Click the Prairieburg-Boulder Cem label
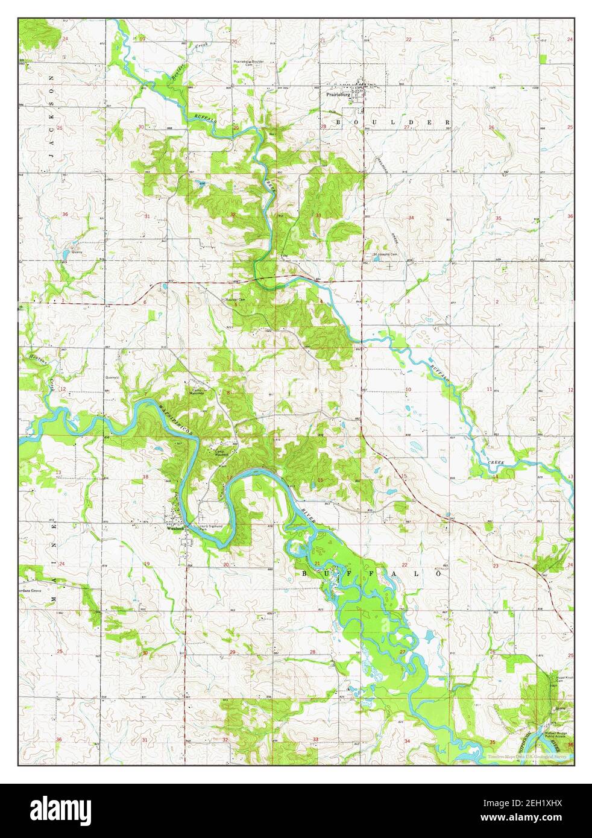(x=250, y=63)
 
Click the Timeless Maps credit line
(x=527, y=755)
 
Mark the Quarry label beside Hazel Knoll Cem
(x=561, y=708)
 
